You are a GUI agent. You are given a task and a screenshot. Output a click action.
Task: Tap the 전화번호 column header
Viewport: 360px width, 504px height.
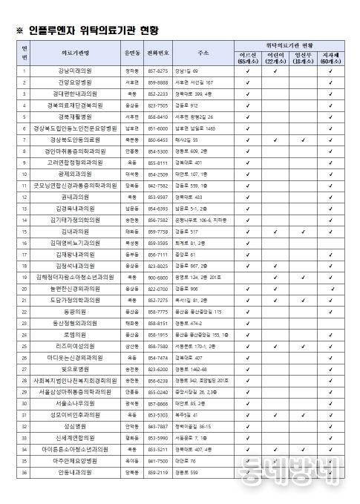(158, 53)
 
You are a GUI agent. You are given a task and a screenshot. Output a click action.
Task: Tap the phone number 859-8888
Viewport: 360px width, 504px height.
(158, 82)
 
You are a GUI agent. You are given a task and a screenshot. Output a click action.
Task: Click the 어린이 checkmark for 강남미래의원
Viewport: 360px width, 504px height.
(275, 71)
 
